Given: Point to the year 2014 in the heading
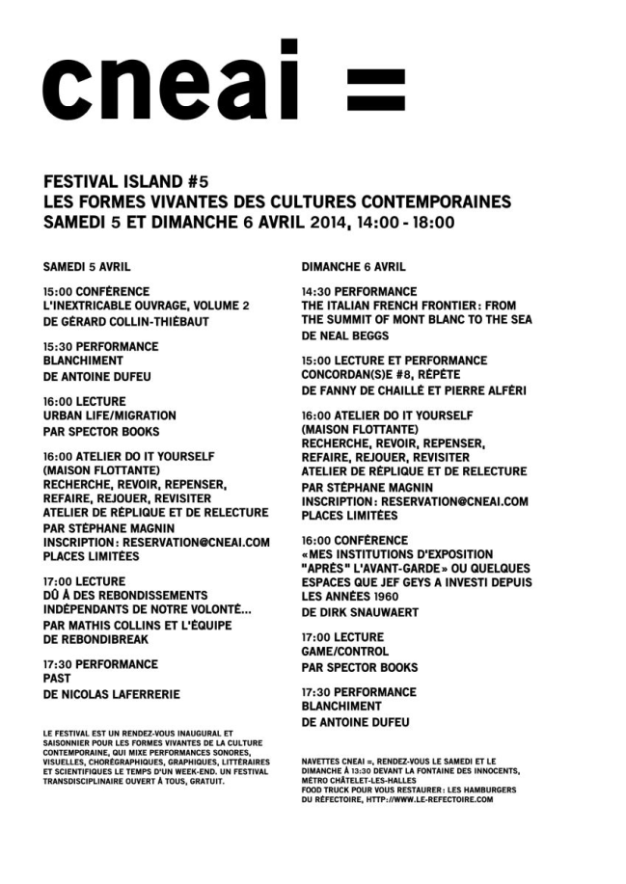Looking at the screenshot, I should pyautogui.click(x=332, y=222).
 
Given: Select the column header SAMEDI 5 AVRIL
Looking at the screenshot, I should pyautogui.click(x=87, y=266).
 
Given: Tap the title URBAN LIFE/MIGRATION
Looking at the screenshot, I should pyautogui.click(x=110, y=415).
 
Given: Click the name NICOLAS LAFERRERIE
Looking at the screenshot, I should pyautogui.click(x=120, y=694).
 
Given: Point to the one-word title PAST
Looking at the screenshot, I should pyautogui.click(x=57, y=680).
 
